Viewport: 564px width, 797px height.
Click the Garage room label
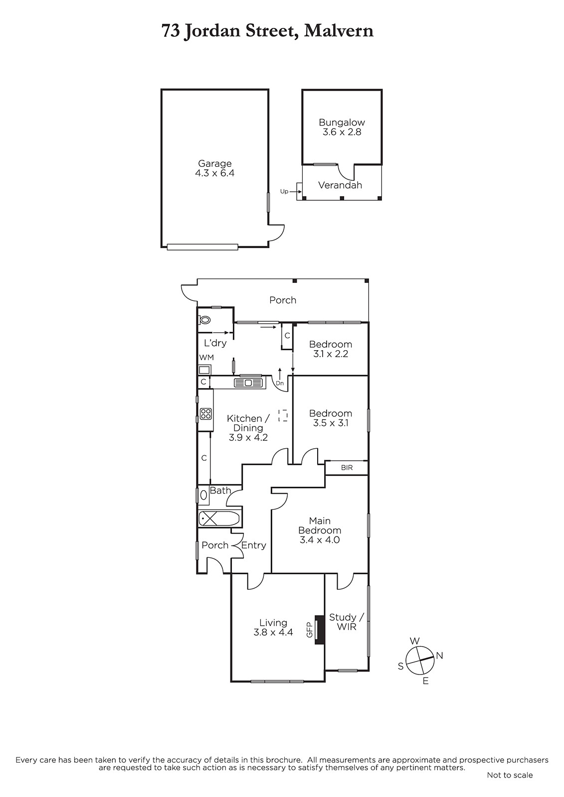[214, 163]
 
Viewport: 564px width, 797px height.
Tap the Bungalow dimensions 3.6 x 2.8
[342, 132]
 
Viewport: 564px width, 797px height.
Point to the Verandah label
[340, 185]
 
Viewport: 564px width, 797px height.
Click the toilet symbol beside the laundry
[204, 320]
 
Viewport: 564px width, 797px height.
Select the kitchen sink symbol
[248, 383]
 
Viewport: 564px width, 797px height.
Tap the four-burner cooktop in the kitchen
[206, 413]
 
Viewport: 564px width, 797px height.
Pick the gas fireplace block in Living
[319, 630]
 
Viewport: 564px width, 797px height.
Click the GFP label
[309, 630]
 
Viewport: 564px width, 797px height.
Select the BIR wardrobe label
[347, 468]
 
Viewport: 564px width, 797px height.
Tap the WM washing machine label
[206, 357]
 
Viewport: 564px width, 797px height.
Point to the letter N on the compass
[439, 656]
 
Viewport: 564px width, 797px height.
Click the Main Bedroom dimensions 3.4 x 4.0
[320, 540]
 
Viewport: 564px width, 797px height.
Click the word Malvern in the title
[339, 31]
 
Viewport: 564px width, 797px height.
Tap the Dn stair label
[280, 383]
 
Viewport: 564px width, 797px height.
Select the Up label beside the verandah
[284, 191]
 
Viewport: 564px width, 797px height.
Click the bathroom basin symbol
[204, 495]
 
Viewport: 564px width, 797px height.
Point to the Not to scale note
[510, 775]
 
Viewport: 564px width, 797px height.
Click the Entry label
[254, 545]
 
